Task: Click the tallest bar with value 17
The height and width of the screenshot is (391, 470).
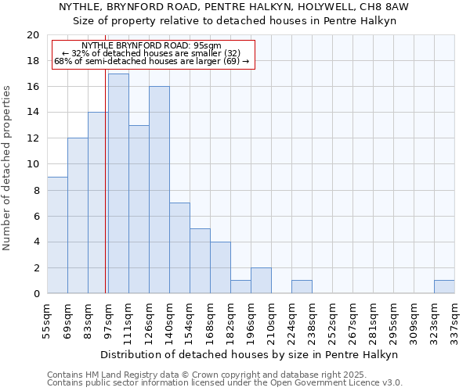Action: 118,184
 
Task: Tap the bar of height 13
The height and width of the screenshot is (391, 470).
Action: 139,210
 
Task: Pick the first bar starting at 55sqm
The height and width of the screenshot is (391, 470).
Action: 57,235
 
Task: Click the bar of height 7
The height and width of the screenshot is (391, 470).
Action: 179,248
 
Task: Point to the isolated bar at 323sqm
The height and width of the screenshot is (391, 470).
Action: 444,287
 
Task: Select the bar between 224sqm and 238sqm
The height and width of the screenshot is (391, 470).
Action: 302,287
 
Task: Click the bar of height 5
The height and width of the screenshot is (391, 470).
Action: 200,261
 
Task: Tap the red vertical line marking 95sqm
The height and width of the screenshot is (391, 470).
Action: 106,195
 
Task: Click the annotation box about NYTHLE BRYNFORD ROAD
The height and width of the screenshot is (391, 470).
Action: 154,54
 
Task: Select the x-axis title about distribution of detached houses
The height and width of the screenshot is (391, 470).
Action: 249,354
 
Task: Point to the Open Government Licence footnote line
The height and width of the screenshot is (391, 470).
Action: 225,383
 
